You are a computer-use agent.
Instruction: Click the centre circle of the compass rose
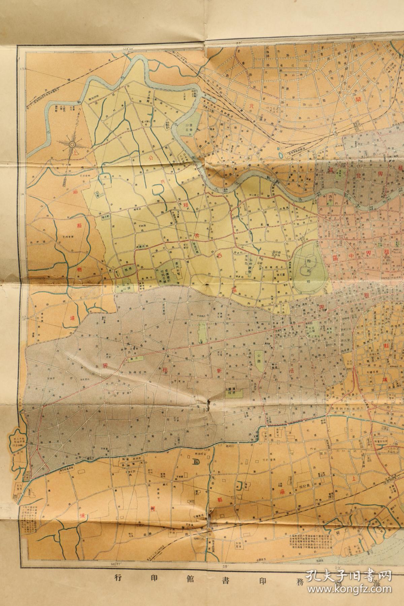click(72, 145)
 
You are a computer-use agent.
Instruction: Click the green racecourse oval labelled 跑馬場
click(309, 261)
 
